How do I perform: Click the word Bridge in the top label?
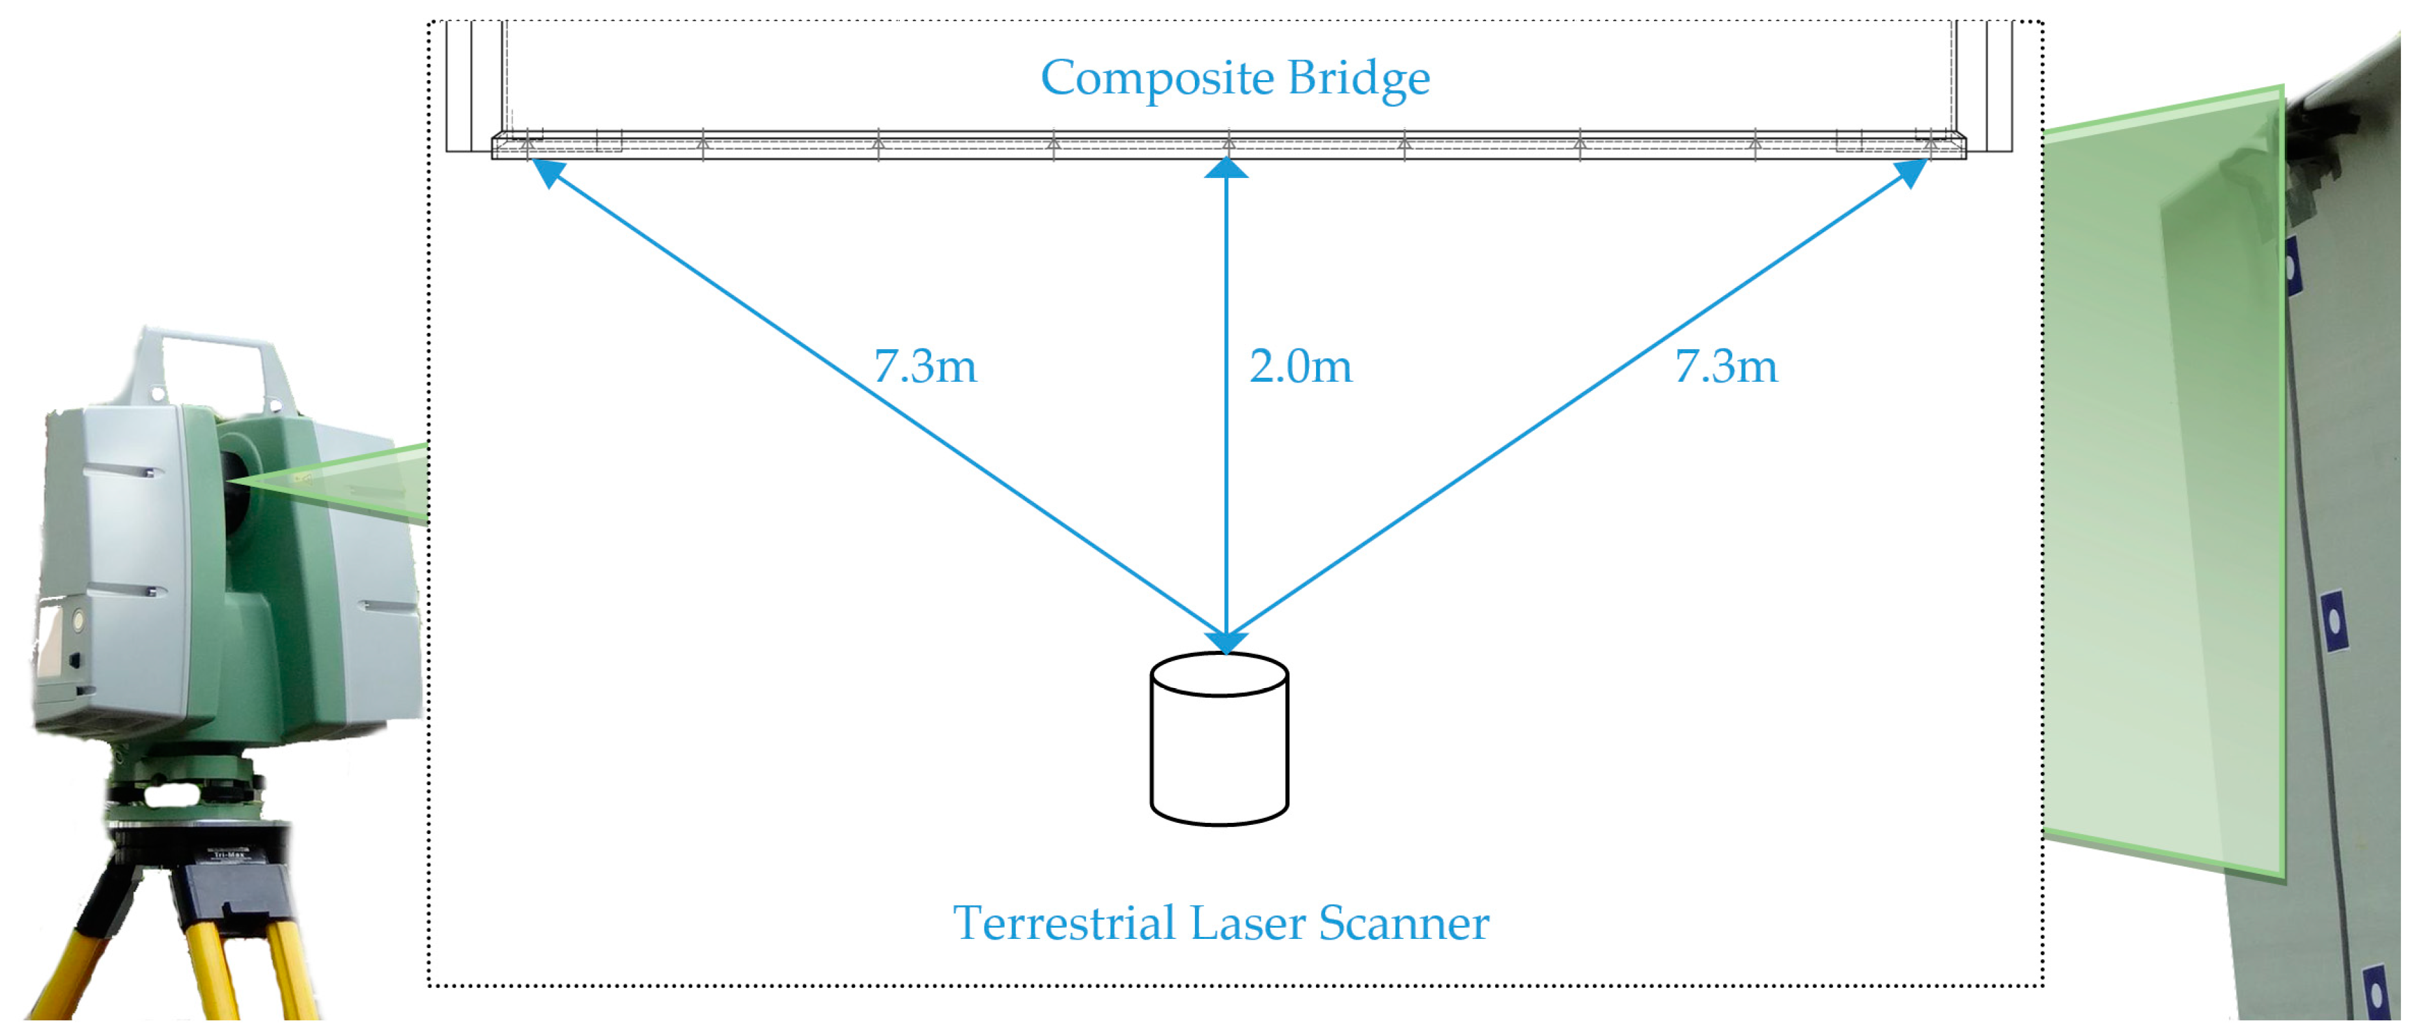1358,79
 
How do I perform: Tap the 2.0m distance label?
1300,367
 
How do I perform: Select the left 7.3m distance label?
925,367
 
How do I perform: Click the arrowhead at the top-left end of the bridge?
548,172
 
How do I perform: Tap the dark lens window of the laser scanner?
235,489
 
